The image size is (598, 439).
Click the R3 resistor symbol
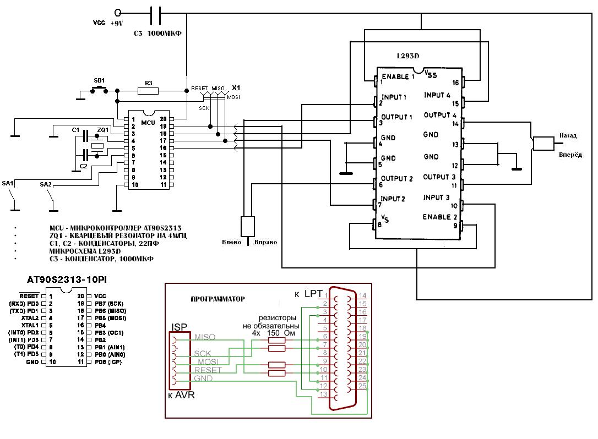click(x=148, y=90)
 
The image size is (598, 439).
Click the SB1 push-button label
click(x=100, y=80)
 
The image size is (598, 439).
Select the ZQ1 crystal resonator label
click(x=102, y=129)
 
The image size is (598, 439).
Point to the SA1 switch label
click(x=8, y=182)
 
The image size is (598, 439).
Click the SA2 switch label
click(x=46, y=185)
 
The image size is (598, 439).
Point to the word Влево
click(x=232, y=242)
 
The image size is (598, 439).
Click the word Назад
click(x=568, y=135)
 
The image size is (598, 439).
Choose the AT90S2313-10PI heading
click(x=67, y=280)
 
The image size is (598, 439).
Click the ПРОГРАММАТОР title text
click(x=218, y=299)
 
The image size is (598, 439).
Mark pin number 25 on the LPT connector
click(x=362, y=387)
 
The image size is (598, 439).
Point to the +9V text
click(x=117, y=24)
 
